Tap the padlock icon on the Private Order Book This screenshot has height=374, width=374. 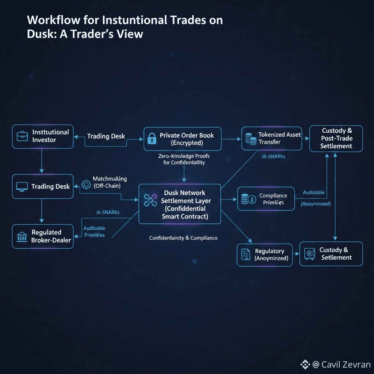[x=151, y=138]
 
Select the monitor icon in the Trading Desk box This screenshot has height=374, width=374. [x=22, y=187]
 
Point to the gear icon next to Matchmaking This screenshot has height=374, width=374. [x=86, y=184]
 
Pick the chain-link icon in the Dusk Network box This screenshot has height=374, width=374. [x=150, y=200]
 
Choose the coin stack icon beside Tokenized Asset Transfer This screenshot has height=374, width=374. [x=250, y=138]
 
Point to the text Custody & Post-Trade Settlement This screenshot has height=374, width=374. [x=336, y=138]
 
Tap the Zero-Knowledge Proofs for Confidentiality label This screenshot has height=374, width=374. [x=184, y=159]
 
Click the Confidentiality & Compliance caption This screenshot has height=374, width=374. [x=183, y=238]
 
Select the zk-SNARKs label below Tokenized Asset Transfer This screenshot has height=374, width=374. [x=273, y=156]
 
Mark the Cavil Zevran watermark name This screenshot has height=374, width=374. [x=346, y=365]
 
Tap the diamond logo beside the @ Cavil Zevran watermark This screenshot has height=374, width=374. [x=305, y=365]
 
